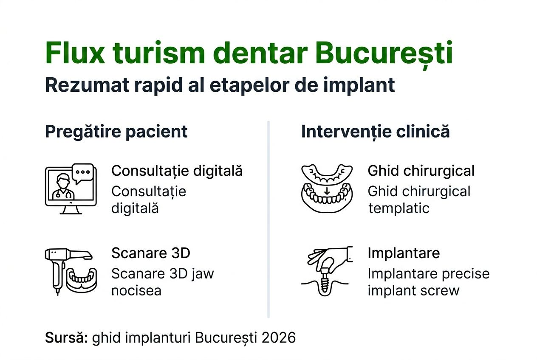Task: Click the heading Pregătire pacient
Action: (x=116, y=132)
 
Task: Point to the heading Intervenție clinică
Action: (x=375, y=132)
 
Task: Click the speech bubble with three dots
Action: (x=83, y=172)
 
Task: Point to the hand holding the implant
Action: (x=329, y=257)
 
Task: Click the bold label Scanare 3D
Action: (x=150, y=253)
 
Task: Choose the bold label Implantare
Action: (x=404, y=253)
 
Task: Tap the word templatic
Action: (x=399, y=208)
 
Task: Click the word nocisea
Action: (x=136, y=291)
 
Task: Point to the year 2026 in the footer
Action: (x=278, y=337)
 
